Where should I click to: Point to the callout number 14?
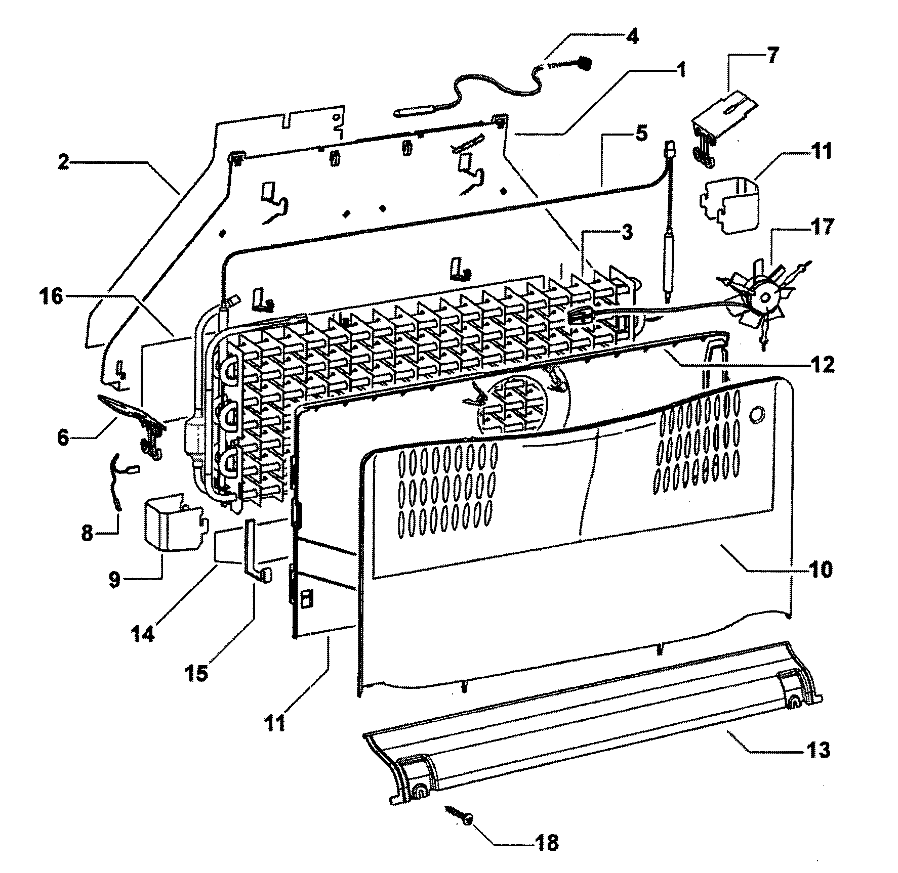click(143, 633)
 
